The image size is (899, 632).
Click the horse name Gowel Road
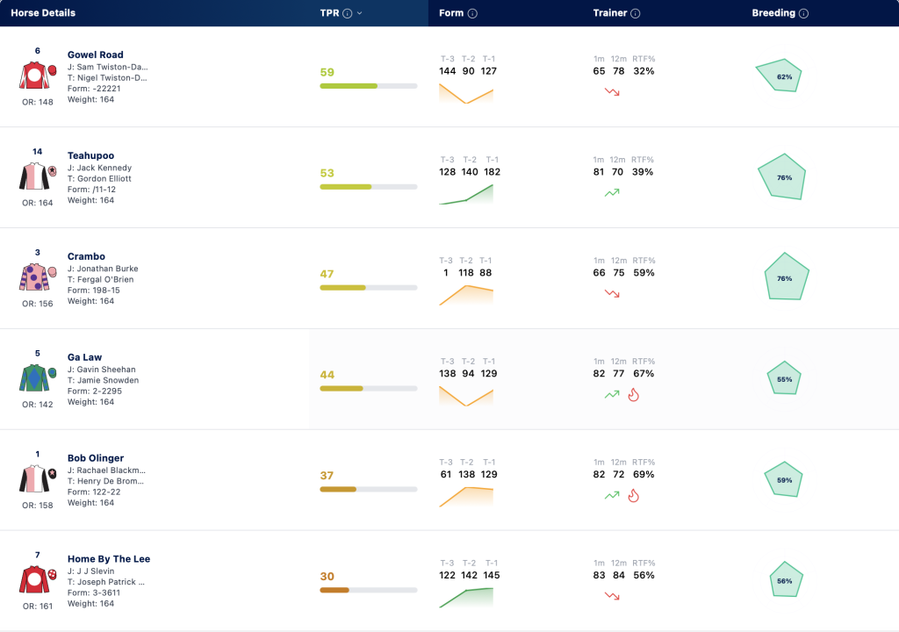click(95, 54)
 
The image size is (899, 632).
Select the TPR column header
click(330, 13)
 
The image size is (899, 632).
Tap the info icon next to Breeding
click(804, 14)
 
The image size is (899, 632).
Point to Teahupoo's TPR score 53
click(327, 173)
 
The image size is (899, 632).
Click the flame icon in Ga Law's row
click(634, 395)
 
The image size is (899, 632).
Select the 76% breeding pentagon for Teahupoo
click(782, 176)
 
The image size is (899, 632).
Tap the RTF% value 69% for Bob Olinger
click(644, 474)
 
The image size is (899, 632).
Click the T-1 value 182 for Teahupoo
click(492, 171)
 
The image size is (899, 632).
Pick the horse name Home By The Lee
click(109, 558)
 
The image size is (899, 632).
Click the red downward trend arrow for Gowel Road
click(612, 92)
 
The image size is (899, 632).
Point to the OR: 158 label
click(37, 506)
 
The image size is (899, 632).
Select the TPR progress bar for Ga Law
click(369, 389)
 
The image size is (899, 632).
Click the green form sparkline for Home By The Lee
click(466, 598)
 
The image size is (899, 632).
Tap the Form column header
click(451, 13)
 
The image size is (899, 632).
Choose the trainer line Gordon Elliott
click(99, 178)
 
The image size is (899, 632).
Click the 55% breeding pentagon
click(784, 378)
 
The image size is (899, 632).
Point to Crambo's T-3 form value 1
click(445, 272)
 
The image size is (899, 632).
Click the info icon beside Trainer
click(636, 14)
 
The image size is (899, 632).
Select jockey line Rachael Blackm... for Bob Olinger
click(106, 470)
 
